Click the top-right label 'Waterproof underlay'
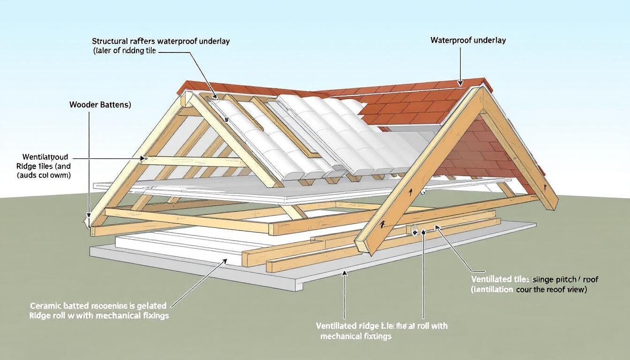coord(468,40)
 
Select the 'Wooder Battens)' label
coord(100,105)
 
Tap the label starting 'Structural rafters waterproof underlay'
coord(161,41)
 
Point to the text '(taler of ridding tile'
coord(124,51)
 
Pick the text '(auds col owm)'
coord(44,175)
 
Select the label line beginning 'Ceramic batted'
coord(97,305)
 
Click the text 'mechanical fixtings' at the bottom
coord(356,336)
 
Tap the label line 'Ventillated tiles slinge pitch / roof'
coord(534,279)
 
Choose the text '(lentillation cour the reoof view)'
coord(529,290)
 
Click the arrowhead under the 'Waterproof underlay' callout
coord(462,83)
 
